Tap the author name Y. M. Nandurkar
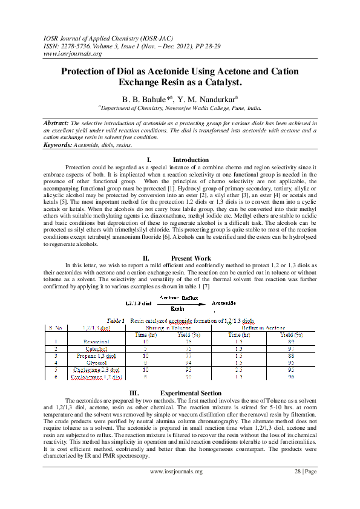point(208,99)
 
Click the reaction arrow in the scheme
point(180,302)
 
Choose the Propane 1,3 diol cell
point(96,355)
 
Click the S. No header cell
point(56,328)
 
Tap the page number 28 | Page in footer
point(304,472)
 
